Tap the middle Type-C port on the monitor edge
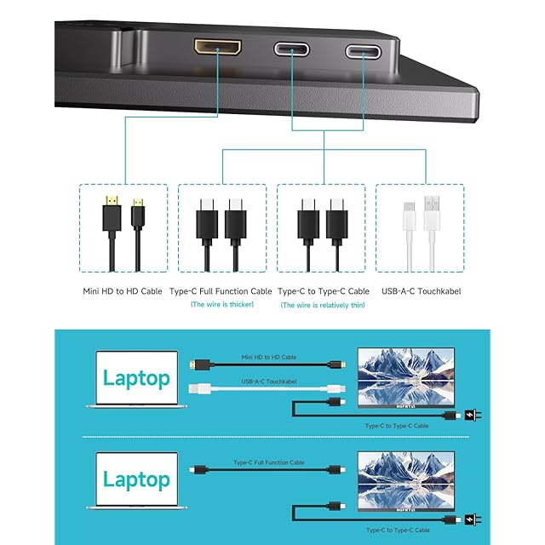pyautogui.click(x=291, y=49)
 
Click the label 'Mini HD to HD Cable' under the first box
pyautogui.click(x=123, y=291)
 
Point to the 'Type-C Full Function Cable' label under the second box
pyautogui.click(x=221, y=291)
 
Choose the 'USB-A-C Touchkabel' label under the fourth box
pyautogui.click(x=420, y=291)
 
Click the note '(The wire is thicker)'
pyautogui.click(x=221, y=305)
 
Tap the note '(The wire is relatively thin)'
pyautogui.click(x=323, y=305)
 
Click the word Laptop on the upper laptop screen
pyautogui.click(x=136, y=378)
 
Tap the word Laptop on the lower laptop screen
pyautogui.click(x=136, y=479)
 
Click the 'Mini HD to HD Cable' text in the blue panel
pyautogui.click(x=269, y=357)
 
